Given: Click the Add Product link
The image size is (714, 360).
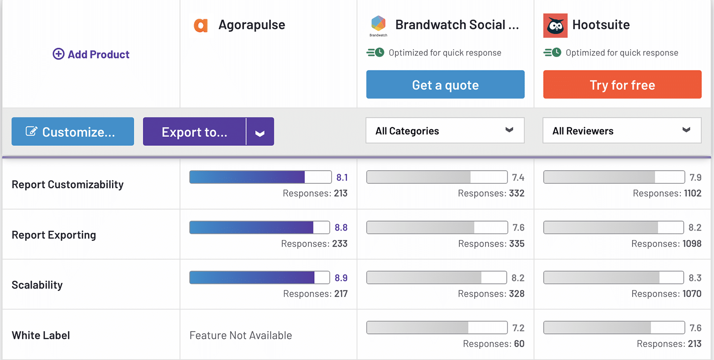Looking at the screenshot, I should click(91, 54).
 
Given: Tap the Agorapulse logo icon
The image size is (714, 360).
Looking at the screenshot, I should click(201, 25).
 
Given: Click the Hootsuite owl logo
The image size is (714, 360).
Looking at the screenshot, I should click(555, 25).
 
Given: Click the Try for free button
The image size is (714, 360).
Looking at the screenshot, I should click(622, 85).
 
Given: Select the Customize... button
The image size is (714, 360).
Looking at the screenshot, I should click(73, 132).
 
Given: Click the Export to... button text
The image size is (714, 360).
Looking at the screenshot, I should click(195, 132).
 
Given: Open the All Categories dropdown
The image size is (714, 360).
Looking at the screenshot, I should click(445, 131).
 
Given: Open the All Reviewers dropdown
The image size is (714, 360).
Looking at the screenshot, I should click(622, 131).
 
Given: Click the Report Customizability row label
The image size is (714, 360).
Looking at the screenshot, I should click(67, 185).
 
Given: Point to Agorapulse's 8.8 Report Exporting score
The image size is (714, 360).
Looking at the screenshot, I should click(341, 228).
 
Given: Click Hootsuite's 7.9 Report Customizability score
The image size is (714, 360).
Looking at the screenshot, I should click(695, 178).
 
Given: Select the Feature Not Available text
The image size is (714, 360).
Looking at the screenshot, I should click(241, 335).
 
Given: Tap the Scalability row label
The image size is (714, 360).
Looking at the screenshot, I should click(37, 285).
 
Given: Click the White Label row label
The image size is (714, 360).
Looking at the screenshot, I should click(41, 335).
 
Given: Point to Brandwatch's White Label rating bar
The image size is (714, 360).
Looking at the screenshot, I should click(436, 327).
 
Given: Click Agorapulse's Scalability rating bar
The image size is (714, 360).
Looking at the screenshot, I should click(259, 277).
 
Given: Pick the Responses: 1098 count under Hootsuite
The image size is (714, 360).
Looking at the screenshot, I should click(666, 244).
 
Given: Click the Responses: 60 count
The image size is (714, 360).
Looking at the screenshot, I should click(494, 344).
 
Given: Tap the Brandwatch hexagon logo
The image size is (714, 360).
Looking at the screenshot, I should click(378, 24).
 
